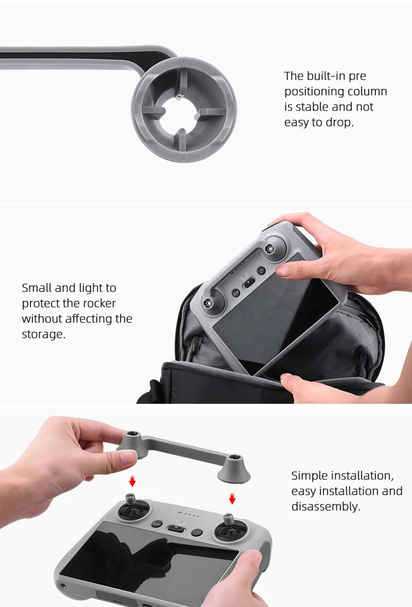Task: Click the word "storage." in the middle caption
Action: coord(44,335)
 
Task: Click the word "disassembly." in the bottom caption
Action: coord(325,507)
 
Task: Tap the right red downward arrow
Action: coord(232,497)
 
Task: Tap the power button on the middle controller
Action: coord(261,271)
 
